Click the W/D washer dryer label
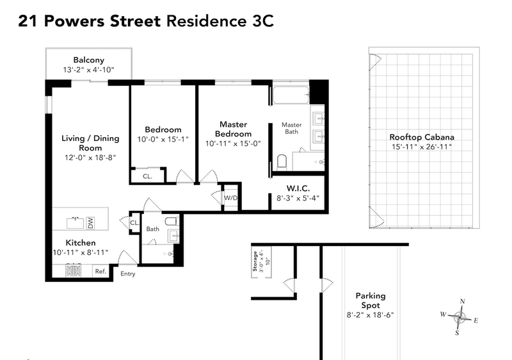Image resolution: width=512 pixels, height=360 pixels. click(x=230, y=197)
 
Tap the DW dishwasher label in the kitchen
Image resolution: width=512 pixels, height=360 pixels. click(x=91, y=223)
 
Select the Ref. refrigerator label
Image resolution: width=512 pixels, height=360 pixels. click(x=100, y=271)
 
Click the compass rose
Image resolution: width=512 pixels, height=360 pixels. click(x=460, y=316)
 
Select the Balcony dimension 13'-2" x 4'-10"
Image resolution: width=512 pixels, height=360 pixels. click(x=89, y=70)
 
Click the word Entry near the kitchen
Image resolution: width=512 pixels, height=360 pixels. click(x=128, y=274)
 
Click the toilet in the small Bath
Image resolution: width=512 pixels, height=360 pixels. click(x=171, y=222)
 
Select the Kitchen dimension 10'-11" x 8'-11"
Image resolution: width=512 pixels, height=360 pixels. click(x=80, y=252)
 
